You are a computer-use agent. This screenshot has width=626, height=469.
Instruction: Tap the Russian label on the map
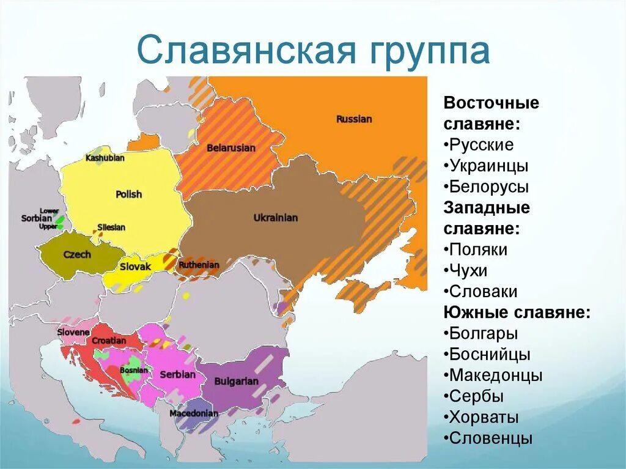click(x=353, y=119)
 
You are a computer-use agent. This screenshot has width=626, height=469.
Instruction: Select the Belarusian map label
click(x=231, y=148)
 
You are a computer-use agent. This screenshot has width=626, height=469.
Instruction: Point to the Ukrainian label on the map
click(x=275, y=218)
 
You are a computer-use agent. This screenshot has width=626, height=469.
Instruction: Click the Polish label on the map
click(x=128, y=194)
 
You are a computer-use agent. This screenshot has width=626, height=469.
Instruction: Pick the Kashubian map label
click(x=105, y=158)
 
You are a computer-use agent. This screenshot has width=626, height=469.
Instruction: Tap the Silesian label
click(x=111, y=227)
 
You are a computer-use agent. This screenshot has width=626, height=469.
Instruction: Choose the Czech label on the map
click(x=77, y=254)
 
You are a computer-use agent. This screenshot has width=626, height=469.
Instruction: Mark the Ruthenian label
click(x=198, y=265)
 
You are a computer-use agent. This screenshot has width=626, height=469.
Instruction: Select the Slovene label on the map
click(x=73, y=332)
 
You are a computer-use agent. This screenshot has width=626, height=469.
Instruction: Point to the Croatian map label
click(x=109, y=341)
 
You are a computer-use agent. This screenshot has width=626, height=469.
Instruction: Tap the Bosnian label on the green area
click(x=133, y=370)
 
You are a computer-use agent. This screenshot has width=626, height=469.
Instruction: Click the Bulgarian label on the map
click(x=236, y=381)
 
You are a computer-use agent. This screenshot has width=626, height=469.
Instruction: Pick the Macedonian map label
click(x=193, y=413)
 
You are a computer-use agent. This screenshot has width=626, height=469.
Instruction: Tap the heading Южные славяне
click(x=517, y=312)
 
